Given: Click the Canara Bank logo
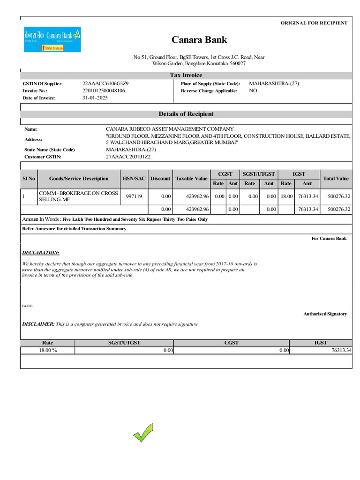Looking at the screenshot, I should coord(52,39).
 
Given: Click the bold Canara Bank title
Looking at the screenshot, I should coord(199,40).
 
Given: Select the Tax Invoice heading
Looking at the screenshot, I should coord(186,75).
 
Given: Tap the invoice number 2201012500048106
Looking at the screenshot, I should coord(104,91).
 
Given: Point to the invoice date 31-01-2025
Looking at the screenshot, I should coord(95,98).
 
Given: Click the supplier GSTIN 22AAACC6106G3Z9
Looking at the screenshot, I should coord(105,83).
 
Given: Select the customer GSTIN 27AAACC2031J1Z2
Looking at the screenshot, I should coord(128,157).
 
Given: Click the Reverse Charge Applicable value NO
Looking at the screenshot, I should coord(253,91).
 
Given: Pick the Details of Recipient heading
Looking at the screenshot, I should coord(186,114).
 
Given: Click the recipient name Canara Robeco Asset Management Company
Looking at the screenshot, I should coord(170,129).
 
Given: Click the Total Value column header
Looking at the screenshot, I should coord(336,179).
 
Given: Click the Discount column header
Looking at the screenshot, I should coord(160,179).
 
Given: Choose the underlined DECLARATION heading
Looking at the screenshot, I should coord(41,253).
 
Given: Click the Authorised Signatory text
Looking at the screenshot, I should coord(325,314).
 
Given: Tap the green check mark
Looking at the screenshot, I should coord(143,433).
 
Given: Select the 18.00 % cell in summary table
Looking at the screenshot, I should coord(47,350).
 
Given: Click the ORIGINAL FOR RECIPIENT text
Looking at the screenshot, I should coord(314,23).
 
